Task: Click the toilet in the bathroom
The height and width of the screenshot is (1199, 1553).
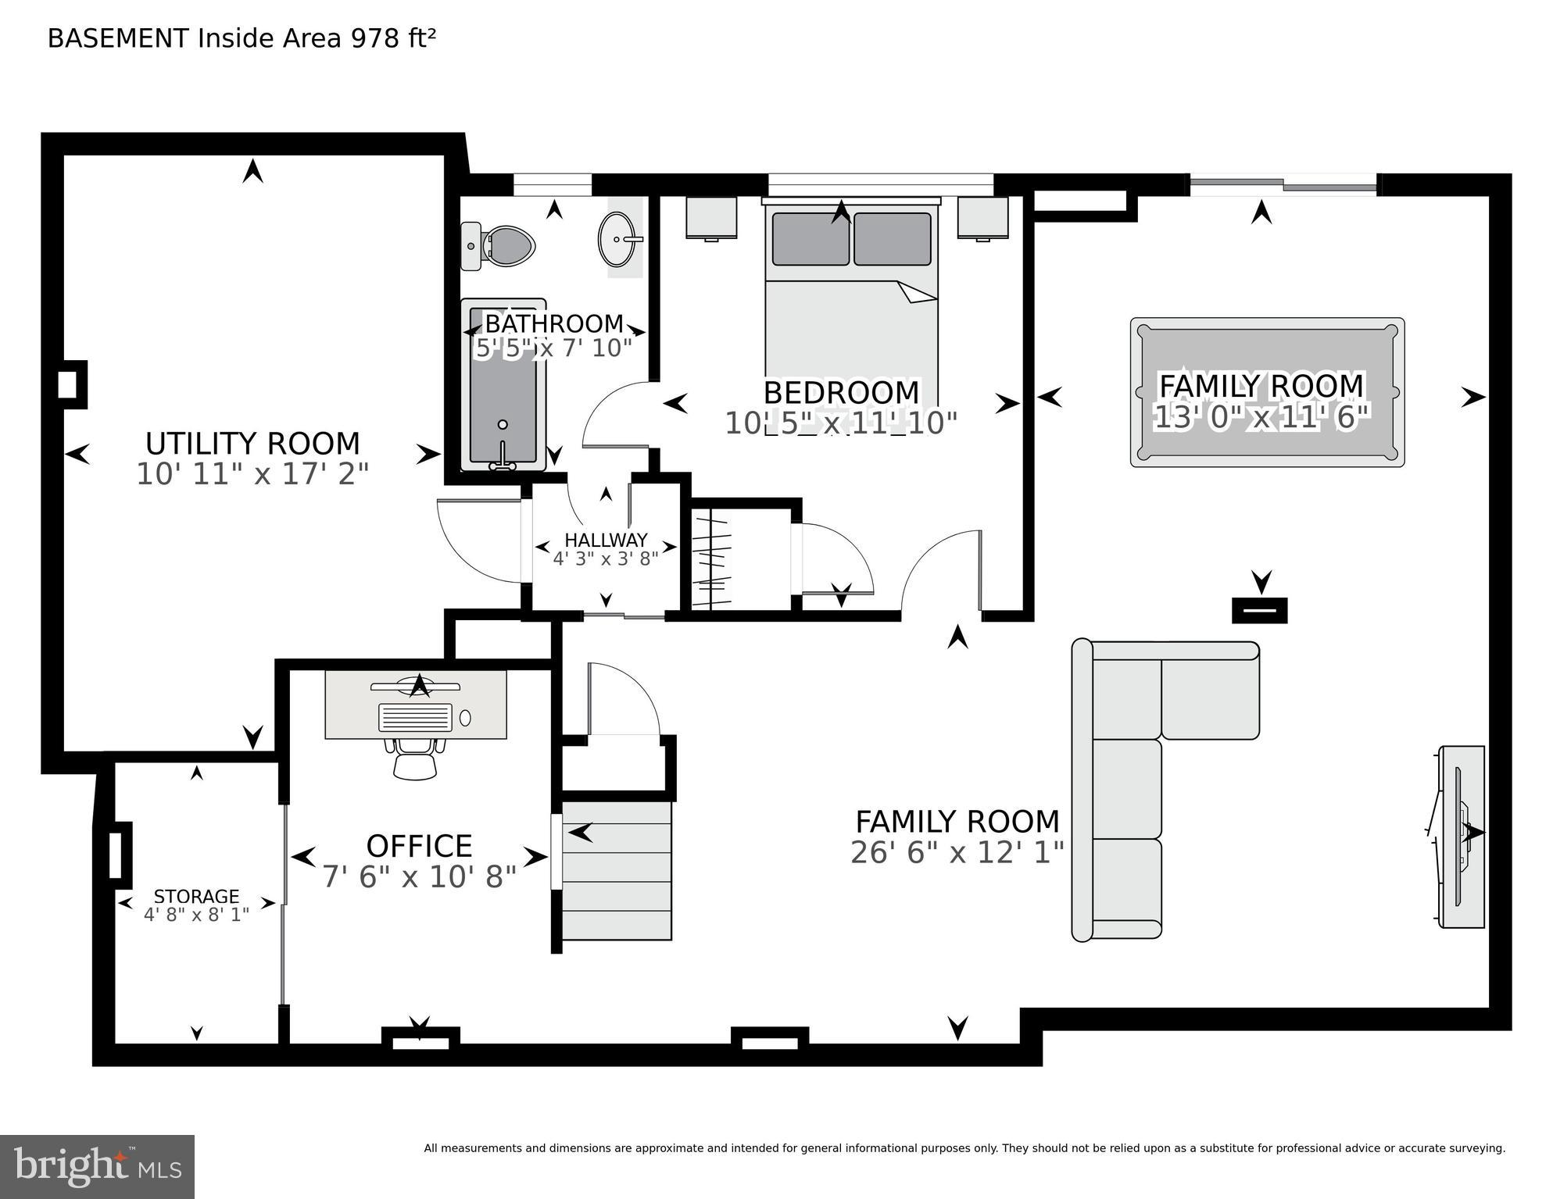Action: tap(497, 246)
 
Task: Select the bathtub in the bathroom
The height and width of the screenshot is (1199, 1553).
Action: tap(503, 384)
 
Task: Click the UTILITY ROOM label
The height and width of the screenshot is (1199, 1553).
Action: tap(252, 444)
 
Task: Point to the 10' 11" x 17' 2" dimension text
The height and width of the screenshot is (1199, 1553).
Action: tap(252, 474)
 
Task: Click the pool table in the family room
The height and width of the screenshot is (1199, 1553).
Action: tap(1267, 392)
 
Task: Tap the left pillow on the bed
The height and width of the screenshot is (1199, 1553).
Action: tap(810, 238)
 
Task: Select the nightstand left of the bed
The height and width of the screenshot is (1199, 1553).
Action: tap(711, 218)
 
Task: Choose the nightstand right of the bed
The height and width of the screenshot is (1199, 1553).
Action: tap(982, 218)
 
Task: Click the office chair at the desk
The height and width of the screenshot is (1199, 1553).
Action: tap(415, 757)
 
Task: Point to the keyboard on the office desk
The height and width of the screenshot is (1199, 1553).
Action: tap(415, 717)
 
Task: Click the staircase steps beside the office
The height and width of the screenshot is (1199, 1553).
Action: tap(617, 870)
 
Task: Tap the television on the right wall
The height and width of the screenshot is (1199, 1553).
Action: tap(1459, 837)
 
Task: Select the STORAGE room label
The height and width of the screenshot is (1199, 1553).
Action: tap(196, 897)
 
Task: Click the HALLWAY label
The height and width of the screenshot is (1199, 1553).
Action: tap(606, 540)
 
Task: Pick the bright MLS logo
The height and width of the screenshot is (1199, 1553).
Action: tap(97, 1167)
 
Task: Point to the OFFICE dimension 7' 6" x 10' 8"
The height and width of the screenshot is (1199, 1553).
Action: tap(420, 876)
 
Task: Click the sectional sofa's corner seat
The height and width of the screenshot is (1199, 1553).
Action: tap(1126, 690)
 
